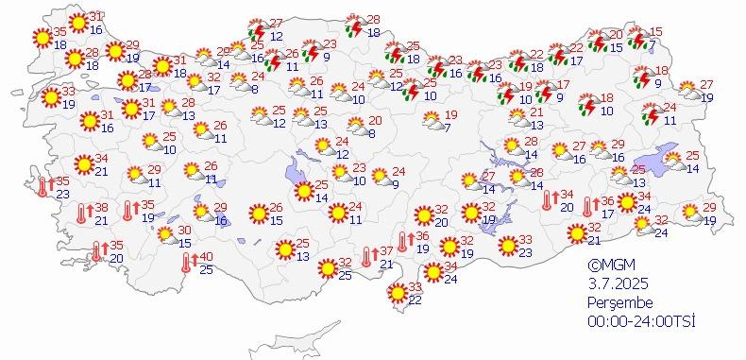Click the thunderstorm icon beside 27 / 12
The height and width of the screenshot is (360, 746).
256,30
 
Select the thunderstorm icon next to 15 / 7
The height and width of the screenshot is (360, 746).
638,40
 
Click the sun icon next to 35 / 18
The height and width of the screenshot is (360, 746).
42,39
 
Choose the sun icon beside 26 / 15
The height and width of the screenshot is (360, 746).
256,214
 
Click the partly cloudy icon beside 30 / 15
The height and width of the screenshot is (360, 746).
164,235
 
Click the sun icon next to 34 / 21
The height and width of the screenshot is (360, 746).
82,164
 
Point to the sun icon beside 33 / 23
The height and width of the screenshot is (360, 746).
507,247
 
